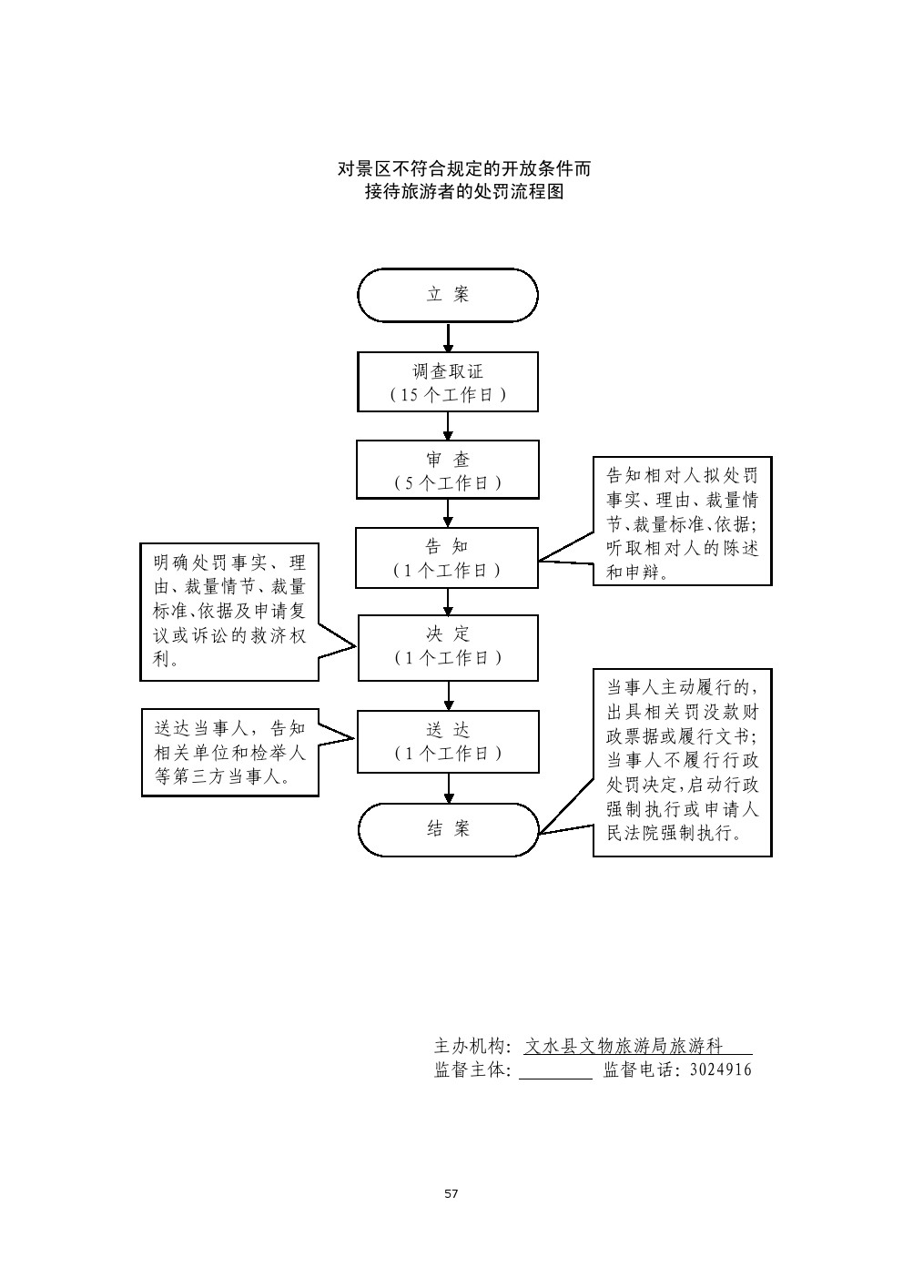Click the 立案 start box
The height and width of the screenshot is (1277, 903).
[448, 295]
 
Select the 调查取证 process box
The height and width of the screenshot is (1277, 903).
[448, 382]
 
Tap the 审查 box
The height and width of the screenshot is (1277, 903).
[448, 470]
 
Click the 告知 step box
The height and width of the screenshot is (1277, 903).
[447, 557]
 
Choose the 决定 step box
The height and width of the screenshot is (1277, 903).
[448, 647]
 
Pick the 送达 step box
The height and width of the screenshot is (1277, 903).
[448, 741]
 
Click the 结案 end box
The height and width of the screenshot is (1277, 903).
[448, 829]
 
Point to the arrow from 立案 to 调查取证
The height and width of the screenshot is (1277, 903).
[448, 338]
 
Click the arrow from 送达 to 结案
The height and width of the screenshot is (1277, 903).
[448, 787]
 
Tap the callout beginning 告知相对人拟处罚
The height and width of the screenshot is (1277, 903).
[682, 522]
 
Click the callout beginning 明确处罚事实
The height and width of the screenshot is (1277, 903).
[229, 611]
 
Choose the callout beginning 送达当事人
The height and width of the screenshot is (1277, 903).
[229, 753]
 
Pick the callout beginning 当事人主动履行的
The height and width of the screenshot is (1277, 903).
[682, 763]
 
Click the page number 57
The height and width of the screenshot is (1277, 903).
[451, 1193]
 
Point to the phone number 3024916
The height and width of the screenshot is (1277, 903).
[721, 1070]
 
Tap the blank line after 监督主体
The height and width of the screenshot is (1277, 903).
[555, 1071]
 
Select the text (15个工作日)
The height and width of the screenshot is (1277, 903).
[448, 395]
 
